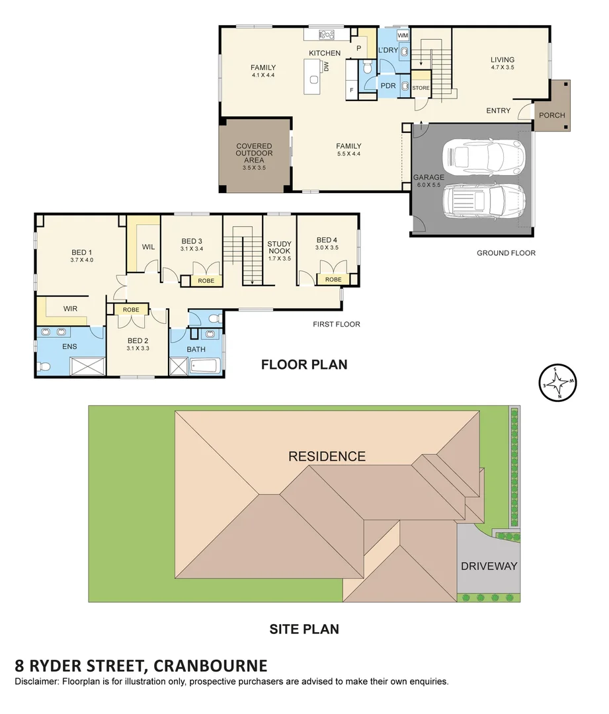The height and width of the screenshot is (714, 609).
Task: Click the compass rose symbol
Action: pyautogui.click(x=558, y=383)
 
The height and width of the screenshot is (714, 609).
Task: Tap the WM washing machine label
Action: pyautogui.click(x=403, y=35)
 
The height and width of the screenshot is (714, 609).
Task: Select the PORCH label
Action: pyautogui.click(x=551, y=115)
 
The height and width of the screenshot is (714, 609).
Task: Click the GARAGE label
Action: pyautogui.click(x=428, y=177)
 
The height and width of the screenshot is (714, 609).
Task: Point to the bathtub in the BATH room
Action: pyautogui.click(x=205, y=366)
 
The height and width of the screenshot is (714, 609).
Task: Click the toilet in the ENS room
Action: pyautogui.click(x=44, y=366)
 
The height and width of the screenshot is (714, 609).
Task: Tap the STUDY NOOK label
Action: pyautogui.click(x=279, y=247)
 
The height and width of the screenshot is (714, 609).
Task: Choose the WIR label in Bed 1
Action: pyautogui.click(x=70, y=309)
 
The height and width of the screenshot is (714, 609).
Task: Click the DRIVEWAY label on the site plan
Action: pyautogui.click(x=489, y=566)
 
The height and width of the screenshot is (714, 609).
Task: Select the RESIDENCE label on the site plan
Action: pyautogui.click(x=327, y=456)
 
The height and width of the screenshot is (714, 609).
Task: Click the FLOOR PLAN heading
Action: pyautogui.click(x=304, y=364)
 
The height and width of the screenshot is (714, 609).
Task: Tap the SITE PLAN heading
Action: pyautogui.click(x=304, y=629)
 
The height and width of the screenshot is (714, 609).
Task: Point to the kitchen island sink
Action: pyautogui.click(x=314, y=80)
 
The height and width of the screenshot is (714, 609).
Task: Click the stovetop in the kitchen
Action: pyautogui.click(x=326, y=34)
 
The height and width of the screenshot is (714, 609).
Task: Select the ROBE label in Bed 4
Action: pyautogui.click(x=333, y=280)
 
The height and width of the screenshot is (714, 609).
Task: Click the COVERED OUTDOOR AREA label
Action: pyautogui.click(x=254, y=153)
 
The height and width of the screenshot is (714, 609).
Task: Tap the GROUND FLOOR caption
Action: pyautogui.click(x=506, y=253)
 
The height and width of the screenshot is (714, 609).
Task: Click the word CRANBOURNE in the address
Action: pyautogui.click(x=210, y=666)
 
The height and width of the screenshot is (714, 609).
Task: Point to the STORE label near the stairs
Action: pyautogui.click(x=421, y=88)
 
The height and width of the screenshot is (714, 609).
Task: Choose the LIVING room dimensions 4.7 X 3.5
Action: pyautogui.click(x=503, y=67)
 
